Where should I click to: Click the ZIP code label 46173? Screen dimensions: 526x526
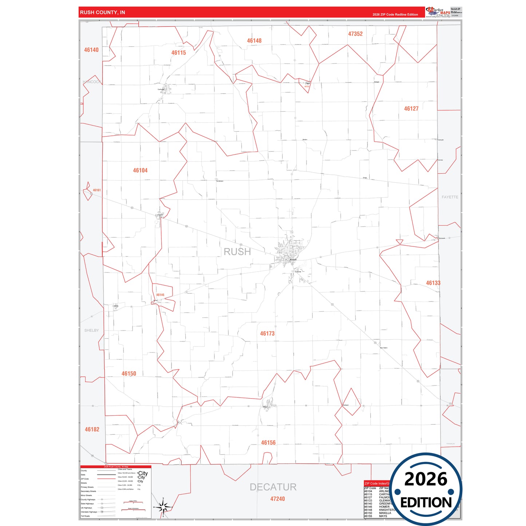[x=267, y=333]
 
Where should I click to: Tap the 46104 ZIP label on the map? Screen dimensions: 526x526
[x=140, y=170]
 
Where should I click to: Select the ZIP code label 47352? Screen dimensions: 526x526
[x=355, y=34]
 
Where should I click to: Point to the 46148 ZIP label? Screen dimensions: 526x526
[x=254, y=41]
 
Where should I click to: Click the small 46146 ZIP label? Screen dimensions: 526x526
[x=160, y=295]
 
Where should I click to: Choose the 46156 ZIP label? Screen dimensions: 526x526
[x=268, y=443]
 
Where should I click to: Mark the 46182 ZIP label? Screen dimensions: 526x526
[x=92, y=430]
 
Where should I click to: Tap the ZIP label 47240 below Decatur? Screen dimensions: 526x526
[x=277, y=499]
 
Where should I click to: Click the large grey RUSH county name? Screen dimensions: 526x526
[x=237, y=252]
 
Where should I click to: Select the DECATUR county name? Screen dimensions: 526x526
[x=273, y=487]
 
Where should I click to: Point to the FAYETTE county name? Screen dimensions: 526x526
[x=450, y=197]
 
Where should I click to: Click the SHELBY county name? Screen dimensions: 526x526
[x=91, y=331]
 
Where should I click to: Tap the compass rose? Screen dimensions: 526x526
[x=163, y=507]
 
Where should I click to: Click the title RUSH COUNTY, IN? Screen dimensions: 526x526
[x=102, y=12]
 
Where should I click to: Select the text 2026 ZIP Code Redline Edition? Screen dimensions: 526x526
[x=395, y=15]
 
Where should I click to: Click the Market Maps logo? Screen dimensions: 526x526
[x=438, y=12]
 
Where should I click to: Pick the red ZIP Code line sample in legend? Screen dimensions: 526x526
[x=106, y=479]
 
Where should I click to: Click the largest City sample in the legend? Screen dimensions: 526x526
[x=143, y=473]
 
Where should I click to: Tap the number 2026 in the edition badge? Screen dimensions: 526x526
[x=426, y=479]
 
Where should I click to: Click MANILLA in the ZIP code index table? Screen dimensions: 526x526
[x=385, y=513]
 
